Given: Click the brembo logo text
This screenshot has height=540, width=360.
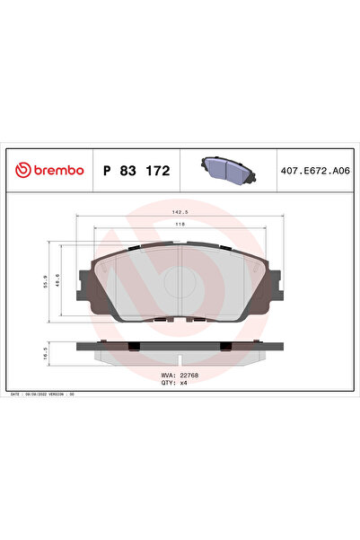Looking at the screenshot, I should [59, 169].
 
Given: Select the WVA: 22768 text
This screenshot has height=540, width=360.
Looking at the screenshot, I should [180, 376].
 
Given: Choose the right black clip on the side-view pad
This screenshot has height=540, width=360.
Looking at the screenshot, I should [227, 347].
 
